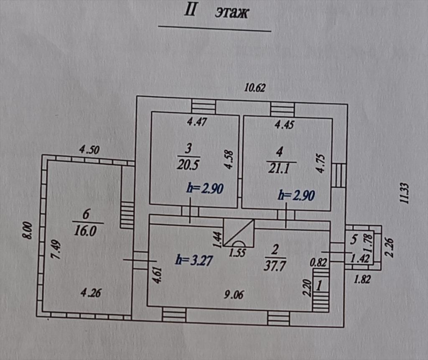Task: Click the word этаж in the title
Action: (x=232, y=13)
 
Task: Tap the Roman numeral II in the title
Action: (x=190, y=10)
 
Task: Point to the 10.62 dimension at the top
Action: (x=255, y=88)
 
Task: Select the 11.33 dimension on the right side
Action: (x=405, y=193)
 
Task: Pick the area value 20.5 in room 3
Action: (x=189, y=165)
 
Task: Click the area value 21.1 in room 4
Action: (x=279, y=168)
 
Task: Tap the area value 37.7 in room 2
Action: (x=275, y=266)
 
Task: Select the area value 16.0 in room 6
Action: (x=85, y=231)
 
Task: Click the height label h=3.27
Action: (x=194, y=260)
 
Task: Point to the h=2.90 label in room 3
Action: (x=205, y=188)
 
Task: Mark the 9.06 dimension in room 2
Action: (x=234, y=294)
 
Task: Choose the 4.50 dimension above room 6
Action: (x=89, y=150)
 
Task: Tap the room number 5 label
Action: (x=354, y=239)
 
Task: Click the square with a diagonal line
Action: (x=239, y=233)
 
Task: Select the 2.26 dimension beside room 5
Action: (x=389, y=248)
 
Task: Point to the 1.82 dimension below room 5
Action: (x=362, y=279)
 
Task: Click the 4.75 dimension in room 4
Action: (x=321, y=163)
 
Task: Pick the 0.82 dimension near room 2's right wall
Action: (x=318, y=263)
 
